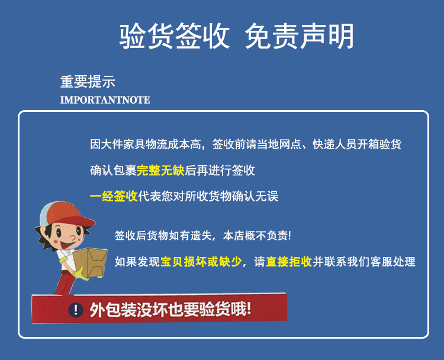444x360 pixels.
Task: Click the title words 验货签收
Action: (174, 37)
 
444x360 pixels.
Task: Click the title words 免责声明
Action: (300, 37)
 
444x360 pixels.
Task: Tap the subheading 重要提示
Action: (88, 82)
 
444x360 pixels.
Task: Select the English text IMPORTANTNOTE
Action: (105, 100)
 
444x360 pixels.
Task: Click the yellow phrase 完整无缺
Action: (160, 171)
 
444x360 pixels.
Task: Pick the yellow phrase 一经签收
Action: (114, 197)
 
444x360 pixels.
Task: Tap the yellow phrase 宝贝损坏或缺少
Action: (201, 262)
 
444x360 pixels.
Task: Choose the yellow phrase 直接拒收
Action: (289, 262)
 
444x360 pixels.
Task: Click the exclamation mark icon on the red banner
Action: (75, 309)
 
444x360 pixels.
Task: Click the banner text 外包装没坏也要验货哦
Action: (170, 308)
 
